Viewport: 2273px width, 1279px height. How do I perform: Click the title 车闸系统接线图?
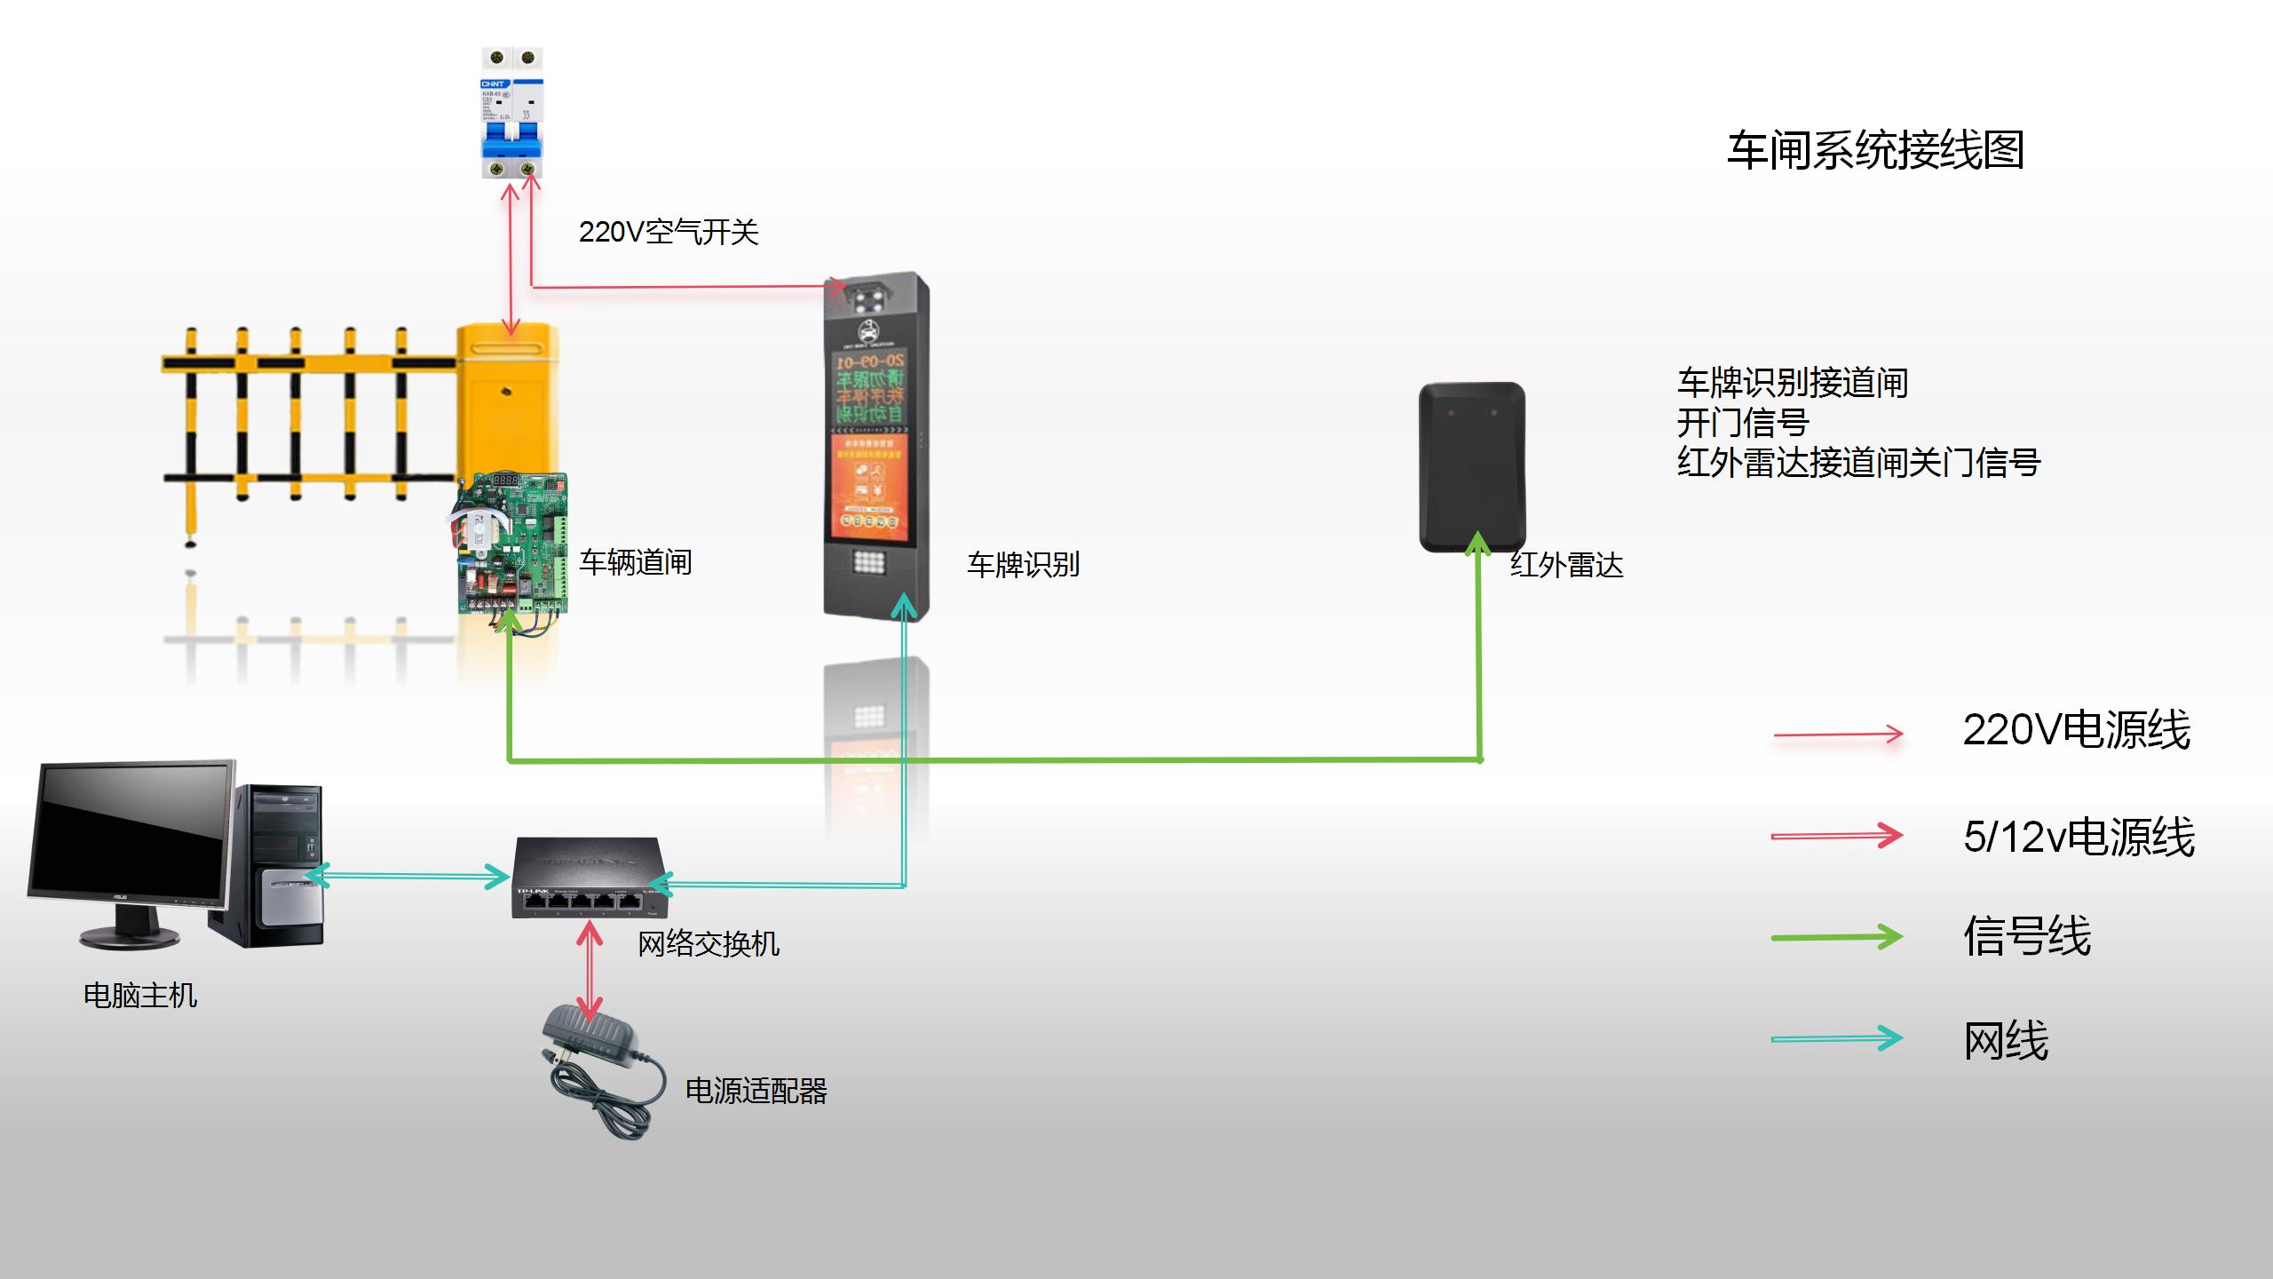[1875, 150]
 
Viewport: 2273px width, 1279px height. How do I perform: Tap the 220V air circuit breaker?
[512, 113]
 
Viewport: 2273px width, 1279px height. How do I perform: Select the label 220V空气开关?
[669, 233]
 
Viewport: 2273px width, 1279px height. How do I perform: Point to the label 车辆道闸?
[636, 562]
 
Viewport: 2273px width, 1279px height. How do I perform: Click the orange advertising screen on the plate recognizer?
[868, 485]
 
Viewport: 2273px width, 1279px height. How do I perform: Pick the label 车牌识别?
[1023, 565]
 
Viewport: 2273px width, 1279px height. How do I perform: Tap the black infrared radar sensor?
[1471, 466]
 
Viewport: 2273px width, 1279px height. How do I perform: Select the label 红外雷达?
[1567, 566]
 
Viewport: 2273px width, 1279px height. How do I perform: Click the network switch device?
[588, 878]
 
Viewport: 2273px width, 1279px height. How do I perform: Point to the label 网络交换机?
[709, 943]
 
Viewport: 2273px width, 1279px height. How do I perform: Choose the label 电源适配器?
[756, 1091]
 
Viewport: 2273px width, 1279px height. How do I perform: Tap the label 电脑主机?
[140, 996]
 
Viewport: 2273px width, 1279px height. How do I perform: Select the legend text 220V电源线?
[2076, 731]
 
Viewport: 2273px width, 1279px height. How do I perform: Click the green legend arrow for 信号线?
[1836, 937]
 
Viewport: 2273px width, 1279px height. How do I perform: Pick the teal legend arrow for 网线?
[1836, 1038]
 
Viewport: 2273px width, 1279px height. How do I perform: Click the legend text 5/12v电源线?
[2079, 837]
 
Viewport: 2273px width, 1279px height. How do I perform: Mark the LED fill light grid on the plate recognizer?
[868, 562]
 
